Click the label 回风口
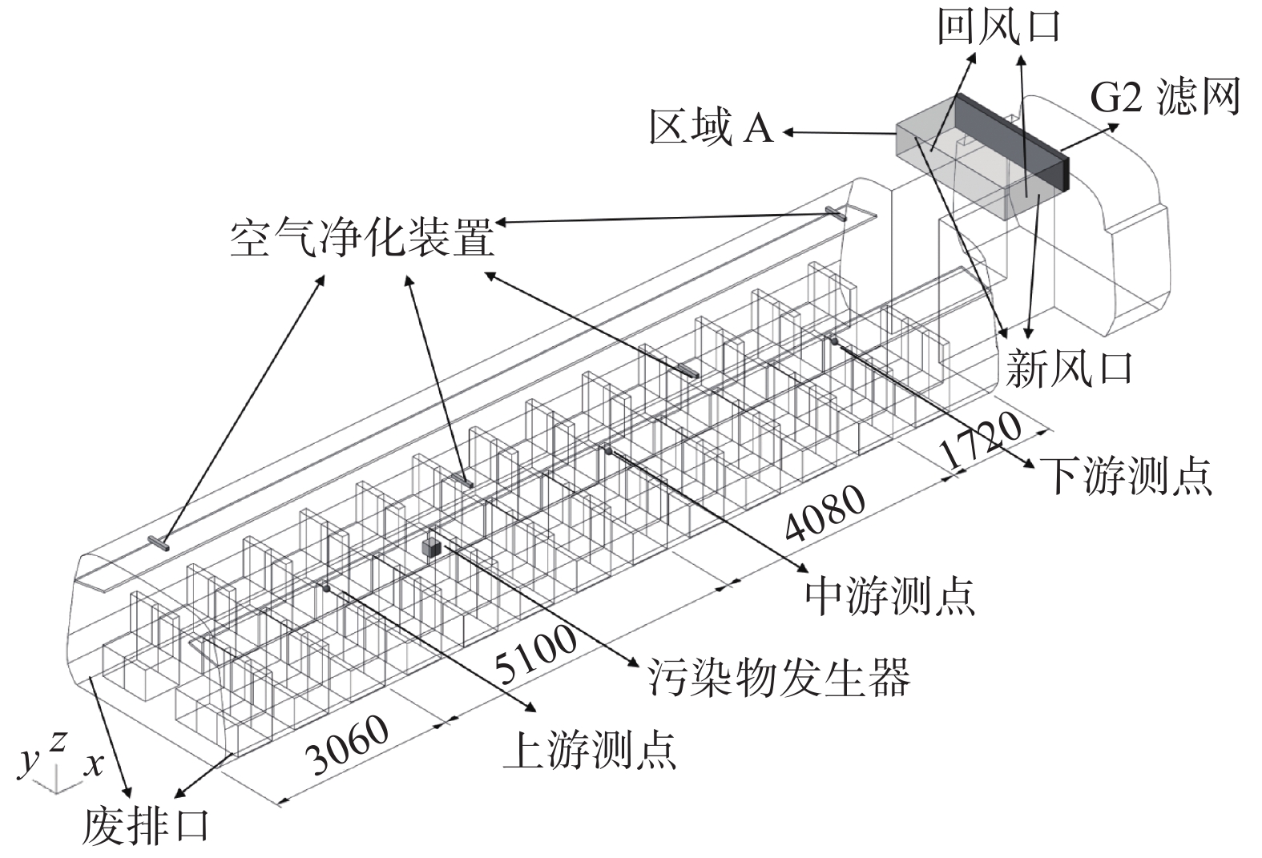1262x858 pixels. pos(998,27)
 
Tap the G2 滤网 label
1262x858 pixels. pos(1164,97)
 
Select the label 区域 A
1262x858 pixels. pos(711,129)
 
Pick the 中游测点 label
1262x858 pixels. pos(889,595)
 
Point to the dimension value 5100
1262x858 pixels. pos(535,655)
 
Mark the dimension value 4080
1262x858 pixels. pos(825,513)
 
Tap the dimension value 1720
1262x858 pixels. pos(980,441)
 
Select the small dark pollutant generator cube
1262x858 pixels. pos(432,546)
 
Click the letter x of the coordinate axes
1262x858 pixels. pos(95,765)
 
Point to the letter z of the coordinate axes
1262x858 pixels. pos(57,742)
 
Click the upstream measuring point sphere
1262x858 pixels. pos(326,588)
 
